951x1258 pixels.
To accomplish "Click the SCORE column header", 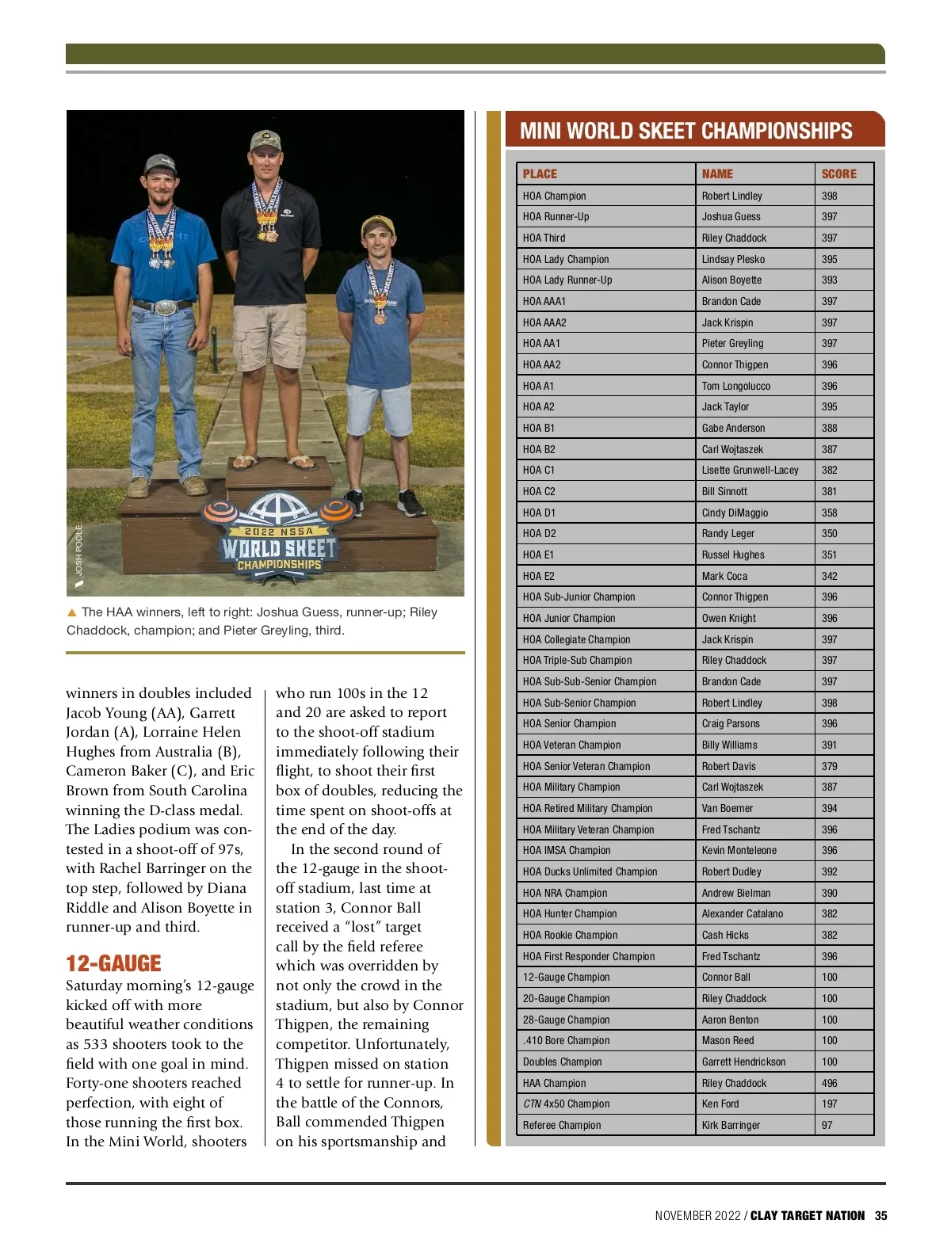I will [x=838, y=174].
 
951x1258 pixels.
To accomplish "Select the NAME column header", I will [x=717, y=174].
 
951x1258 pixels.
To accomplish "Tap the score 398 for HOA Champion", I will [x=829, y=196].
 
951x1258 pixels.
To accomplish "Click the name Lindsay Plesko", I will [x=733, y=259].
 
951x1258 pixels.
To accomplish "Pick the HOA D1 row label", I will [x=539, y=513].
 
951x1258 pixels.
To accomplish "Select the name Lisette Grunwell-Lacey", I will [x=750, y=470].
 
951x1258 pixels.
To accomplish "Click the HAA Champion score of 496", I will [x=829, y=1083].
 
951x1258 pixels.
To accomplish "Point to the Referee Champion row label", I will [x=562, y=1125].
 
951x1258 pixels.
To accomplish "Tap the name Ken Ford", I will [x=720, y=1104].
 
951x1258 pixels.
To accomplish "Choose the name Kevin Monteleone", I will [x=739, y=850].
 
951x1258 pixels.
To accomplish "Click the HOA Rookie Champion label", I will [x=570, y=935].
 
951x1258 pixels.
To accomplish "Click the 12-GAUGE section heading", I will [x=113, y=963].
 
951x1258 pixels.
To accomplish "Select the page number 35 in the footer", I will [x=880, y=1216].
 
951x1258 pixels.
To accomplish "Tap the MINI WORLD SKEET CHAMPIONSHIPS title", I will [x=686, y=131].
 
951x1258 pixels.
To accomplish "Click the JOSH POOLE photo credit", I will [x=78, y=551].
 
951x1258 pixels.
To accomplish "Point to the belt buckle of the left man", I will [x=166, y=307].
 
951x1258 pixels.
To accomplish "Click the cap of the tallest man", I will [x=265, y=141].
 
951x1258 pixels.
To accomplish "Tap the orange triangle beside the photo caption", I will [x=72, y=612].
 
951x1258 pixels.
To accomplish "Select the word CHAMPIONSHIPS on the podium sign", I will [x=279, y=565].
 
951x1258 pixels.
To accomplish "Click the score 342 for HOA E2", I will [x=829, y=576].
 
